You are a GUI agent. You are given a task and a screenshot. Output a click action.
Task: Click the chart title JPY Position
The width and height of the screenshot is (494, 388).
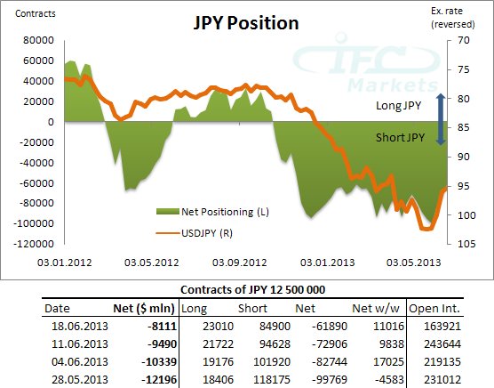[x=246, y=23]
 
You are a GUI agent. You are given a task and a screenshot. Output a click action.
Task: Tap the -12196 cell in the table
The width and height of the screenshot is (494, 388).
[x=157, y=380]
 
